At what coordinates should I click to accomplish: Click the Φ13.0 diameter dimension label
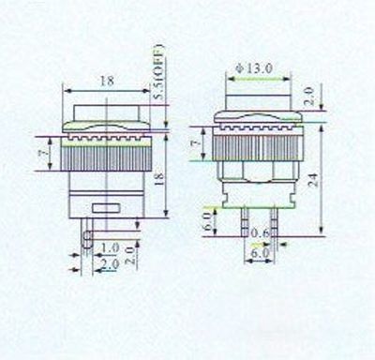coord(254,68)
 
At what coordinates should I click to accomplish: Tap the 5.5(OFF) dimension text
coord(158,72)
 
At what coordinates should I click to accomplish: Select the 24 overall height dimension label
coord(312,180)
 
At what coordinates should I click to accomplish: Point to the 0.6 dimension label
coord(261,232)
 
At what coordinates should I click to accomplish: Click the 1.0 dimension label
coord(110,248)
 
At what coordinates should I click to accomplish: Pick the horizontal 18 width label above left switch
coord(107,81)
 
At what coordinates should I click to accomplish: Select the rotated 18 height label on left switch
coord(159,180)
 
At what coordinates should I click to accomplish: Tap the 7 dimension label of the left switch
coord(45,153)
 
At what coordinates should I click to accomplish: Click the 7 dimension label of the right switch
coord(196,142)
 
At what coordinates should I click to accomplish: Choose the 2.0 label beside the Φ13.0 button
coord(308,97)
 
